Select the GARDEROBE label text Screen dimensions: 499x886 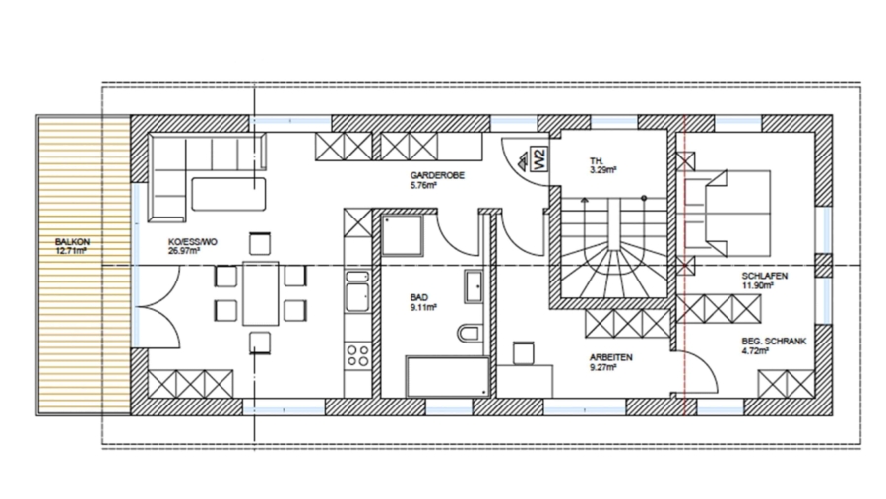pyautogui.click(x=437, y=175)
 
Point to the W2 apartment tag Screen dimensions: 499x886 pyautogui.click(x=538, y=159)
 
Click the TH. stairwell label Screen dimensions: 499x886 pyautogui.click(x=597, y=159)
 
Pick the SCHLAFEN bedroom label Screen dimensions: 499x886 pyautogui.click(x=763, y=278)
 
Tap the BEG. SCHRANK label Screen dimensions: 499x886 pyautogui.click(x=775, y=342)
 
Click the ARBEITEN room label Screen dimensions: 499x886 pyautogui.click(x=610, y=357)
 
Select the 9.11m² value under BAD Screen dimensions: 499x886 pyautogui.click(x=423, y=306)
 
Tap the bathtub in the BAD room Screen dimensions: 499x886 pyautogui.click(x=448, y=376)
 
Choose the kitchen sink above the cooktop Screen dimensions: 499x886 pyautogui.click(x=355, y=294)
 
